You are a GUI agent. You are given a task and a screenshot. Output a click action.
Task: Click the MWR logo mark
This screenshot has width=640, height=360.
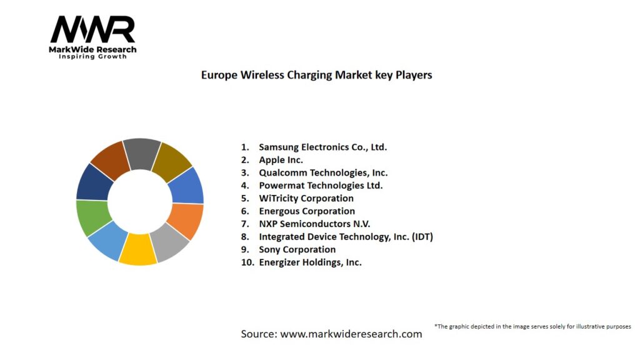point(92,29)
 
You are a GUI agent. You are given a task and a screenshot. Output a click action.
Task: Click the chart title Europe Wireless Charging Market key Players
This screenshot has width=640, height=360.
point(316,74)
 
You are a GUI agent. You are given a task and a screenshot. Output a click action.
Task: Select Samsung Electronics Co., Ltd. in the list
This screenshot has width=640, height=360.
point(322,147)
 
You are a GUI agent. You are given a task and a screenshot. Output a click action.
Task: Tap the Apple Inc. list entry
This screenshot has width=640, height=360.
point(281,160)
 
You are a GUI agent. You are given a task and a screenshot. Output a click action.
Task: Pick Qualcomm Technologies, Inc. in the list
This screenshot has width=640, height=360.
point(323,172)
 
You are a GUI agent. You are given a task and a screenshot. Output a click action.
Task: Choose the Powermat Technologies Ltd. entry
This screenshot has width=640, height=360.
point(321,186)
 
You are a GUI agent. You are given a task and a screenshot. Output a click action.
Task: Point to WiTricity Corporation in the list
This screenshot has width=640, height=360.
point(306,198)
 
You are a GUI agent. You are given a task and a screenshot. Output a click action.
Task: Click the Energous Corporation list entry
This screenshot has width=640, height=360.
point(306,211)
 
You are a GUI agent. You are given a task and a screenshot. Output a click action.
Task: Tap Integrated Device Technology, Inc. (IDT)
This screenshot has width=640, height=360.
point(346,237)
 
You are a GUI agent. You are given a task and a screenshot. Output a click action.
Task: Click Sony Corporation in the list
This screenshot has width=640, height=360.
point(297,249)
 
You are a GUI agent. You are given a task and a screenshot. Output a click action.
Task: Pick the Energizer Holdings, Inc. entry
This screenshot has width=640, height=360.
point(310,262)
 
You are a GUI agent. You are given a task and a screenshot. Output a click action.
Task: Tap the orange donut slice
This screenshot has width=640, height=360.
point(186,221)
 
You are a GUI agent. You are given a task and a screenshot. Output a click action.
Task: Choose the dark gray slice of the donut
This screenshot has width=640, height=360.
point(142,154)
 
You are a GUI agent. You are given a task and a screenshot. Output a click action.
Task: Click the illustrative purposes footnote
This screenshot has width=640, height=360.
point(532,326)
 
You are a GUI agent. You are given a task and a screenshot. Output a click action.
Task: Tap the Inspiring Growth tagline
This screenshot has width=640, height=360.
point(92,56)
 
